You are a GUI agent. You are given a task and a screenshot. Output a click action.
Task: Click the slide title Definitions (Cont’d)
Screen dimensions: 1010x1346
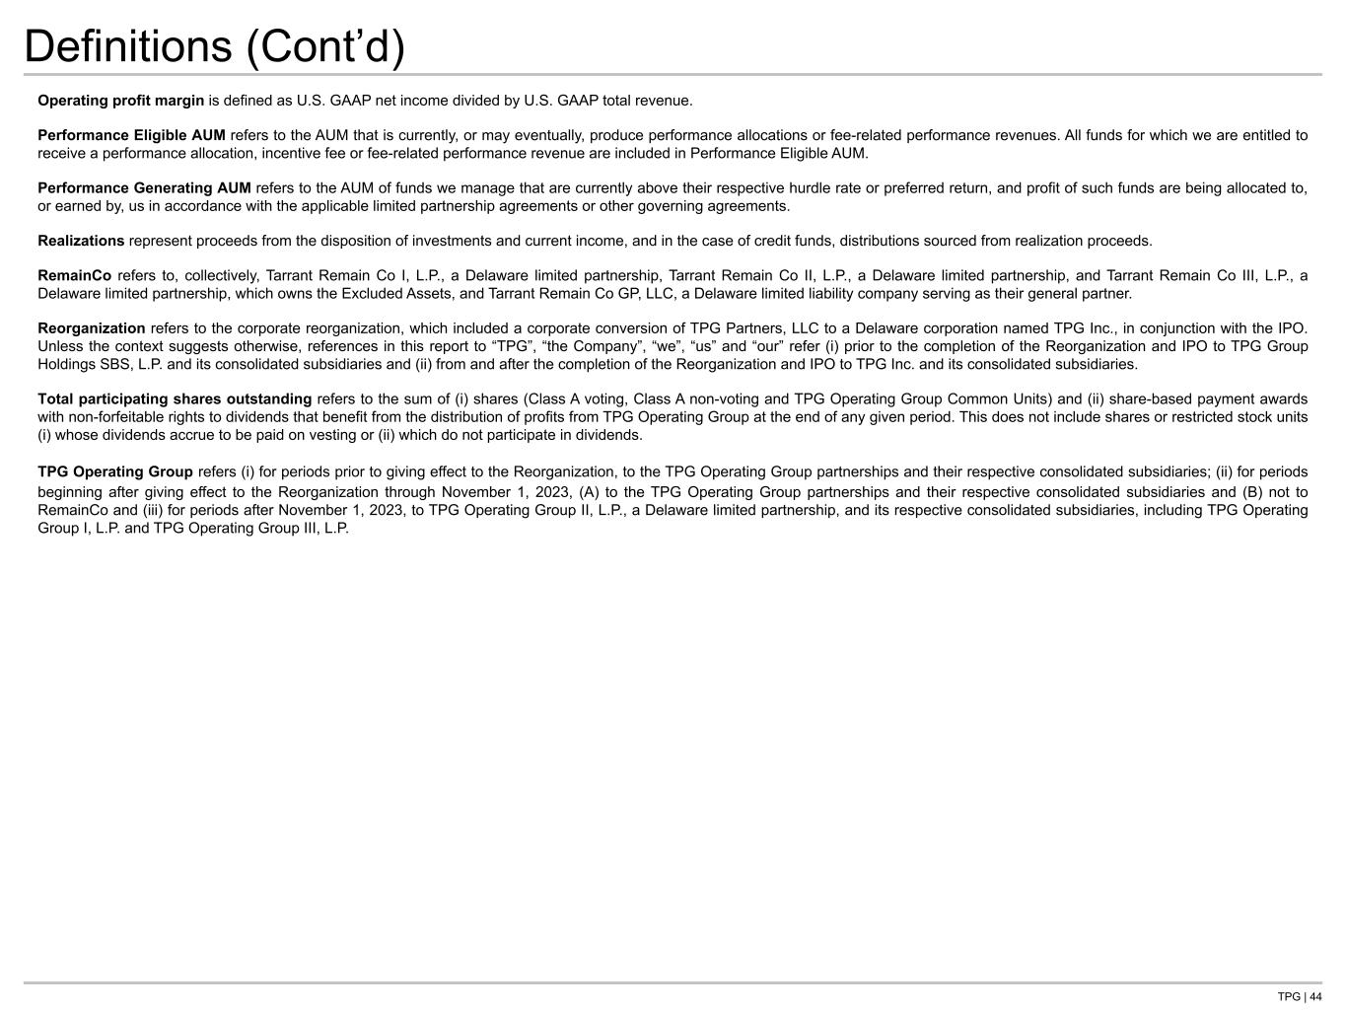[214, 46]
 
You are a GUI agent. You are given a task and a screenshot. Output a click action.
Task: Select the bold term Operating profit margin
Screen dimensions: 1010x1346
[120, 101]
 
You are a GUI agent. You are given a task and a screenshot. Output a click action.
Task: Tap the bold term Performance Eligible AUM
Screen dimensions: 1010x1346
[131, 135]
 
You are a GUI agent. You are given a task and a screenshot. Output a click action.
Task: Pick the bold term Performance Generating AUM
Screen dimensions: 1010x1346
[144, 187]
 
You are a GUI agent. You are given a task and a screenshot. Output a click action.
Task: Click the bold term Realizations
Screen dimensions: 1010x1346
[81, 241]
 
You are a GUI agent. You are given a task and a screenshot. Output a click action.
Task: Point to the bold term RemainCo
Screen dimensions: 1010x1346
[74, 276]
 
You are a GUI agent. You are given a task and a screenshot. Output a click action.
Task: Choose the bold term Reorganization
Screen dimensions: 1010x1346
[91, 328]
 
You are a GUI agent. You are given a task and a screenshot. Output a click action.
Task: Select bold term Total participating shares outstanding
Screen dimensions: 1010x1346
[175, 399]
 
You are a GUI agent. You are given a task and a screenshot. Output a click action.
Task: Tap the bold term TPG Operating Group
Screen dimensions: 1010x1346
[115, 471]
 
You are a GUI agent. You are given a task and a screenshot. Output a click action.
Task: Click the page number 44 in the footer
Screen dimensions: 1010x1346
[1315, 997]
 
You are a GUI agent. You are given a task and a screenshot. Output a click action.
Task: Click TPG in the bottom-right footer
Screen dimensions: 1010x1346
[1288, 997]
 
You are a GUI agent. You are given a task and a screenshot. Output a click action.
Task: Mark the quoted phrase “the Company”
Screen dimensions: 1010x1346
[595, 346]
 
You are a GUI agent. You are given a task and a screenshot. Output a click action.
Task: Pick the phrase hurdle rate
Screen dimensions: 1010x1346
[825, 187]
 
